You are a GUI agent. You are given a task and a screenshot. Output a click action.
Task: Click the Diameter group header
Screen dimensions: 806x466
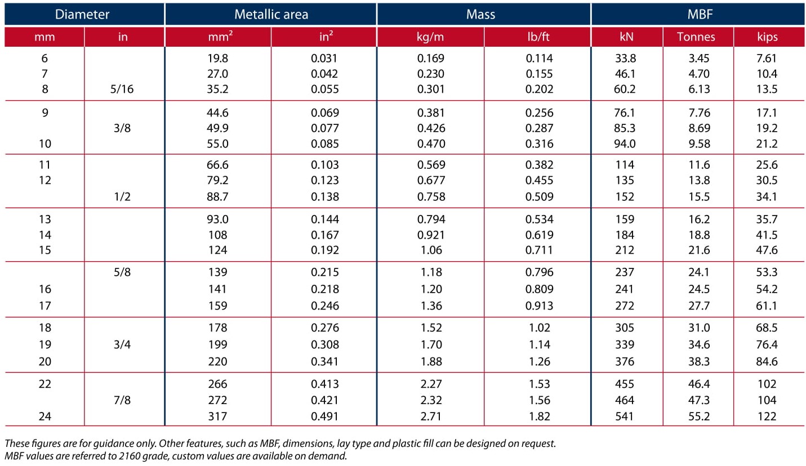(82, 15)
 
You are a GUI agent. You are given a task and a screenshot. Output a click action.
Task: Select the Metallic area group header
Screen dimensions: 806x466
(271, 15)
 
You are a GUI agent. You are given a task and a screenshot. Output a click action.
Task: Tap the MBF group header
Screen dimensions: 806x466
(700, 15)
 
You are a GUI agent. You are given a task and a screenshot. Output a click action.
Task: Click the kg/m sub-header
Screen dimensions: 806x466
(430, 37)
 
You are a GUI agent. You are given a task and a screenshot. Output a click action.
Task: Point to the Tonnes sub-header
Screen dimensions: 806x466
(696, 37)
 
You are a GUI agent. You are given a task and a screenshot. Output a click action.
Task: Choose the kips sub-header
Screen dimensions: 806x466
(767, 37)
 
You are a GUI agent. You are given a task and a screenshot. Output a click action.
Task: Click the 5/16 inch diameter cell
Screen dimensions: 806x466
(122, 89)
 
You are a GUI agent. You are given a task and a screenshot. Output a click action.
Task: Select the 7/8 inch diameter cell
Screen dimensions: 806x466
(122, 400)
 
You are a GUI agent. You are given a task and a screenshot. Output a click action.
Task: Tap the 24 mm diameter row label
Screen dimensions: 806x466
(45, 416)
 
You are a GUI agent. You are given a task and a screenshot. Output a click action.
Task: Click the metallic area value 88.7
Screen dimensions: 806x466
(217, 196)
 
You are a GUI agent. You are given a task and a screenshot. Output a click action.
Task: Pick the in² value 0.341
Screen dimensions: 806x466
(325, 361)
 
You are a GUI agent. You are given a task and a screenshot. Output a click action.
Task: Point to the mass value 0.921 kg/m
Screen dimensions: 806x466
(431, 235)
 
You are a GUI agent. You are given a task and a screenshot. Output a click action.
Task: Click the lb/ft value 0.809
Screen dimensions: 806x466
(539, 289)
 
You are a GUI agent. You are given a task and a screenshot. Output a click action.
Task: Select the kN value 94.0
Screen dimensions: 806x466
(625, 144)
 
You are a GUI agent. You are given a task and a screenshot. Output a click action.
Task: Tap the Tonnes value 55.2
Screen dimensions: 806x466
(699, 416)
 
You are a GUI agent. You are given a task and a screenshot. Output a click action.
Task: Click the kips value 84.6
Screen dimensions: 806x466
(767, 361)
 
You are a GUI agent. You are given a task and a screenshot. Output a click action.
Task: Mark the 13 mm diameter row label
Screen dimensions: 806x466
(45, 219)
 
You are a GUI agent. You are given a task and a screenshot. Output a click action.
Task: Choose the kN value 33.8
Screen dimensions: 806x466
(625, 58)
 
